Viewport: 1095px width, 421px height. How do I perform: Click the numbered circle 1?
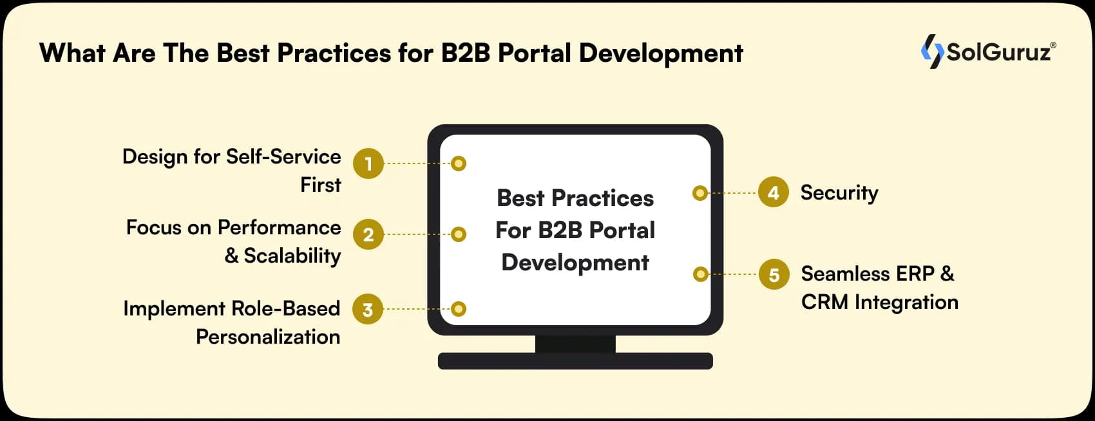(x=368, y=164)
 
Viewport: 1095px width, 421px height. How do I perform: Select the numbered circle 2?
(x=368, y=234)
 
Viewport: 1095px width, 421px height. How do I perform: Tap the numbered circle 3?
(x=368, y=310)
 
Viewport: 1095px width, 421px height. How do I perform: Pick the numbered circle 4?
(x=773, y=192)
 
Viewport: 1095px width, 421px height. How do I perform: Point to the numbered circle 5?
(x=774, y=275)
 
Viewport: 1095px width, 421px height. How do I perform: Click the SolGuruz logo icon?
(x=932, y=51)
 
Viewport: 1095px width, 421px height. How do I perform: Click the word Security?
(x=839, y=192)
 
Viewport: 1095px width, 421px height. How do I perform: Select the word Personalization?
(x=268, y=337)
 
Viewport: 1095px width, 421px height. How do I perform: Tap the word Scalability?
(x=292, y=256)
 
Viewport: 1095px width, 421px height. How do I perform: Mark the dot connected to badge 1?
(x=459, y=164)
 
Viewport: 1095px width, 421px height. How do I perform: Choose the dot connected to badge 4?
(x=700, y=192)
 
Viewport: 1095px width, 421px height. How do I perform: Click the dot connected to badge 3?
(x=459, y=309)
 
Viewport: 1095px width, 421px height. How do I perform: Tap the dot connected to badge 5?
(x=700, y=274)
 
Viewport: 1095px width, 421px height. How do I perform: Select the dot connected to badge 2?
(x=459, y=234)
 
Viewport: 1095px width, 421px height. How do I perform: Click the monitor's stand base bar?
(x=575, y=361)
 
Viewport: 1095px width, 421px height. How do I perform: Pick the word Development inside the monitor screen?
(x=575, y=263)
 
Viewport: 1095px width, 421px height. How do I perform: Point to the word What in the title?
(x=72, y=53)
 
